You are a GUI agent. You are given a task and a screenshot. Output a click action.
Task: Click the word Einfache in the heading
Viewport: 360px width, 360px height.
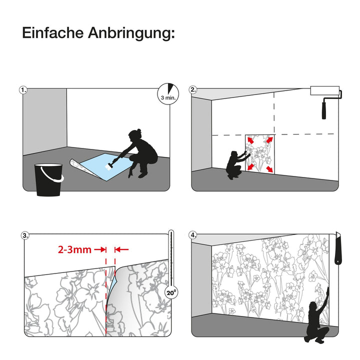pos(53,33)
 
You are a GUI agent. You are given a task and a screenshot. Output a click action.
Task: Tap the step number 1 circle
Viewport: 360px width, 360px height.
pos(23,90)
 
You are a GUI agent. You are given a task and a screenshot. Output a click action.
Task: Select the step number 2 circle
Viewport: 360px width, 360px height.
pos(193,90)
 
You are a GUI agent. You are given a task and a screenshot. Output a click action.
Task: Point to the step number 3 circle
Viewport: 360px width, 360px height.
pos(25,236)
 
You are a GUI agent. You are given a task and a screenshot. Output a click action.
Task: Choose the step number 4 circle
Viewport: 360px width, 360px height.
pos(193,235)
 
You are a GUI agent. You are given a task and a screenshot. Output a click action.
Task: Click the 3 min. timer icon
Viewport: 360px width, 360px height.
pos(168,93)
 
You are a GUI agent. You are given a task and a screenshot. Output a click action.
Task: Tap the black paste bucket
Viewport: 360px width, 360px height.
pos(48,179)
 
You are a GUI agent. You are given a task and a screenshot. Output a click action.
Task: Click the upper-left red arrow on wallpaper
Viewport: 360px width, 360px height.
pos(250,140)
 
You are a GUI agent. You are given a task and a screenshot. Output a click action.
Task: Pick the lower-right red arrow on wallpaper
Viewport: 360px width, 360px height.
pos(269,169)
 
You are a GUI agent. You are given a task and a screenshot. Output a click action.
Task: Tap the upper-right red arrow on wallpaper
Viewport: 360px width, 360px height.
pos(269,139)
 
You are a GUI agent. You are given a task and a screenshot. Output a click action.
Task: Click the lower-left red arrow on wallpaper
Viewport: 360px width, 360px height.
pos(250,167)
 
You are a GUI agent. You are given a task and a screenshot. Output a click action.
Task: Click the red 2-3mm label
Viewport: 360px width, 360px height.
pos(74,249)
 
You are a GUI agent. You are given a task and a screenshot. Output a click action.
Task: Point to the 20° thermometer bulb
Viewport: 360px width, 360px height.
pos(171,292)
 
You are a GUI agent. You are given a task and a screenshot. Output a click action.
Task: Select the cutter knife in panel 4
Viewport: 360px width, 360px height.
pos(337,248)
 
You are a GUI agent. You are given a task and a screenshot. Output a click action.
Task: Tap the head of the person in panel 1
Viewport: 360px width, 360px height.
pos(134,135)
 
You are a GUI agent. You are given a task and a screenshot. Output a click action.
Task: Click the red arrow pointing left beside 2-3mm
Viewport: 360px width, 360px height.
pos(121,249)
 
